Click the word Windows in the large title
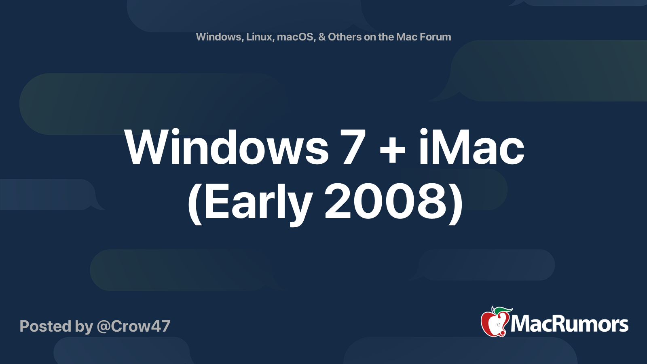point(226,148)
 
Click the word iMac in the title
point(471,148)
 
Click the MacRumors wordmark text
point(569,324)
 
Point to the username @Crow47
point(133,326)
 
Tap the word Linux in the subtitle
point(259,37)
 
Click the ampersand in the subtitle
point(322,37)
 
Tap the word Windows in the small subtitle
point(219,37)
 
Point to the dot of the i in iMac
point(423,132)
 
